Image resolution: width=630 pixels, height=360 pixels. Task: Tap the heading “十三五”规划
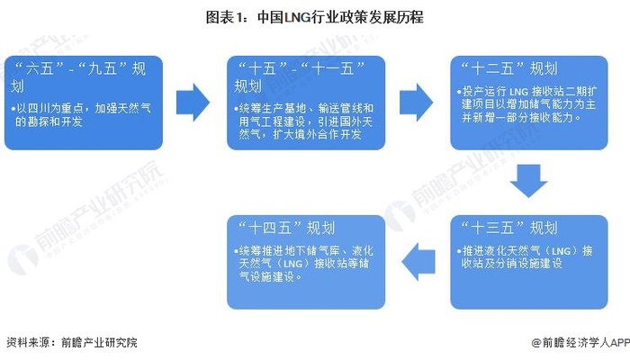(x=508, y=226)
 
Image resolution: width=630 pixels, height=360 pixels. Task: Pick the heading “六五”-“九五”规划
(x=72, y=76)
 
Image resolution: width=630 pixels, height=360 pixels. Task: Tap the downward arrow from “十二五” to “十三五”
(x=528, y=181)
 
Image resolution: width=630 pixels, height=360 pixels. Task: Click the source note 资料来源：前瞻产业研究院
(x=72, y=343)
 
